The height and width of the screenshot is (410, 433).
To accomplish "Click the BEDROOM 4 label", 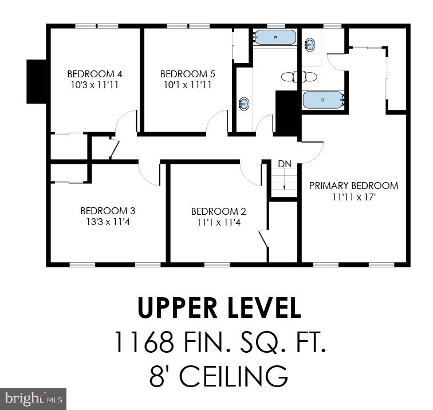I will pos(95,74).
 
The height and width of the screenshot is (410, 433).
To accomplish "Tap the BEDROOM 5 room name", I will pos(187,74).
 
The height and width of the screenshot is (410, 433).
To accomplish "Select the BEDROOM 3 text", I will pos(108,211).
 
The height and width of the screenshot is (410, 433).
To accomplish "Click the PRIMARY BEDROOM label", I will pos(353,186).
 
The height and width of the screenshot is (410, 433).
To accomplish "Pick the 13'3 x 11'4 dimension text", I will pos(108,222).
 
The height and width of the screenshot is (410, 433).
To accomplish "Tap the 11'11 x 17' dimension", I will pos(353,196).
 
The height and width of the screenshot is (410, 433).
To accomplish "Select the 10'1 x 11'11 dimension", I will pos(187,85).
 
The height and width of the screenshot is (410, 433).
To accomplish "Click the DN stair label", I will pos(285,164).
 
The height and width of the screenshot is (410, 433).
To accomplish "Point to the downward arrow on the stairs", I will pos(285,180).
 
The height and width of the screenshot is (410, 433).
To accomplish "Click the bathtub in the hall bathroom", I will pos(275,38).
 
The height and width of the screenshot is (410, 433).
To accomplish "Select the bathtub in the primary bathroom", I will pos(323,100).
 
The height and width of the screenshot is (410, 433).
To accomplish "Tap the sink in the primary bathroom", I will pos(310,44).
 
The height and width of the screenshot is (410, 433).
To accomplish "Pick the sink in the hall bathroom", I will pos(244,104).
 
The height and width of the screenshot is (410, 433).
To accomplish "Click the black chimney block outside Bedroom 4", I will pos(36,81).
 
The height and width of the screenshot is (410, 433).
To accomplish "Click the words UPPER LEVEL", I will pos(219,309).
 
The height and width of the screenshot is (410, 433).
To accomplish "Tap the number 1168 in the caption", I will pos(143,342).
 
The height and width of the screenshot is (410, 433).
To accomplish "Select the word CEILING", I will pos(236,376).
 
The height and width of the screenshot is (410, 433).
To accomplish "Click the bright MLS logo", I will pos(33,398).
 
